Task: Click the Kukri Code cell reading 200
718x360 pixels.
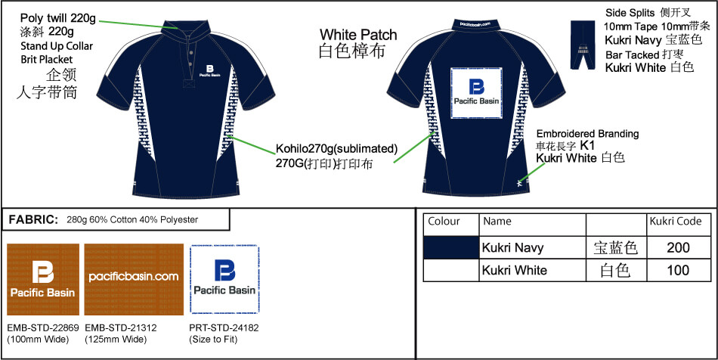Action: (679, 247)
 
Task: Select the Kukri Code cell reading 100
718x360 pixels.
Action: (679, 270)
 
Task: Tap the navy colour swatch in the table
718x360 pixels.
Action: (451, 247)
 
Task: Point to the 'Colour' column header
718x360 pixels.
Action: (444, 222)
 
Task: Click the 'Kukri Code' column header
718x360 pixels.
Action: (676, 222)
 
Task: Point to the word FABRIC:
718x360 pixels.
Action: (33, 220)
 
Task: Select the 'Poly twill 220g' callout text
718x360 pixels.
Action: (58, 17)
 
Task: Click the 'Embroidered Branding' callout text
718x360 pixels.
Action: (587, 134)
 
